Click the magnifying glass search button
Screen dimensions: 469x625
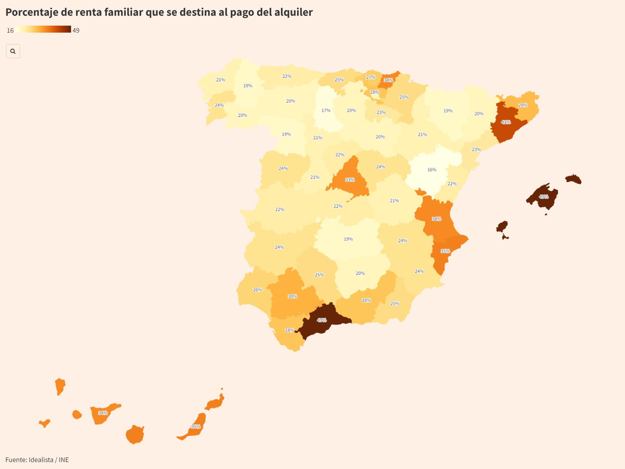(13, 51)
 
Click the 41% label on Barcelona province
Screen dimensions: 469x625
(506, 122)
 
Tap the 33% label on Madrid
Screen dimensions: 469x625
(350, 180)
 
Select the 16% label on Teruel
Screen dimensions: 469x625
(432, 170)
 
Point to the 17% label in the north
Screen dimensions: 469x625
(326, 110)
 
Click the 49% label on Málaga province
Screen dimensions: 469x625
(321, 320)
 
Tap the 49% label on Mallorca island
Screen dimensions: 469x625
(543, 197)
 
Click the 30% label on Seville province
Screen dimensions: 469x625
(292, 296)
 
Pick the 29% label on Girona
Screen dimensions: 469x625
(522, 105)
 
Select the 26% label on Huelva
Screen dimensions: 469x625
(257, 290)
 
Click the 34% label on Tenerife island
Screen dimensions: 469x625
(103, 413)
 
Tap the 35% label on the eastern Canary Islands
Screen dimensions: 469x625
(196, 426)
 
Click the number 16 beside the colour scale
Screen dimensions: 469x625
(10, 30)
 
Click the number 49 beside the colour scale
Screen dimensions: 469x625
(76, 30)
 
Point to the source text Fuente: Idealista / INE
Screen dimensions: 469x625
(37, 459)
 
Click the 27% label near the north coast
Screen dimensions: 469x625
(370, 77)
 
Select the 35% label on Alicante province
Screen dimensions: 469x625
(445, 251)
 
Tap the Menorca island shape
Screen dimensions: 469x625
(573, 179)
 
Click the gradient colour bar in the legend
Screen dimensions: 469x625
(43, 29)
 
